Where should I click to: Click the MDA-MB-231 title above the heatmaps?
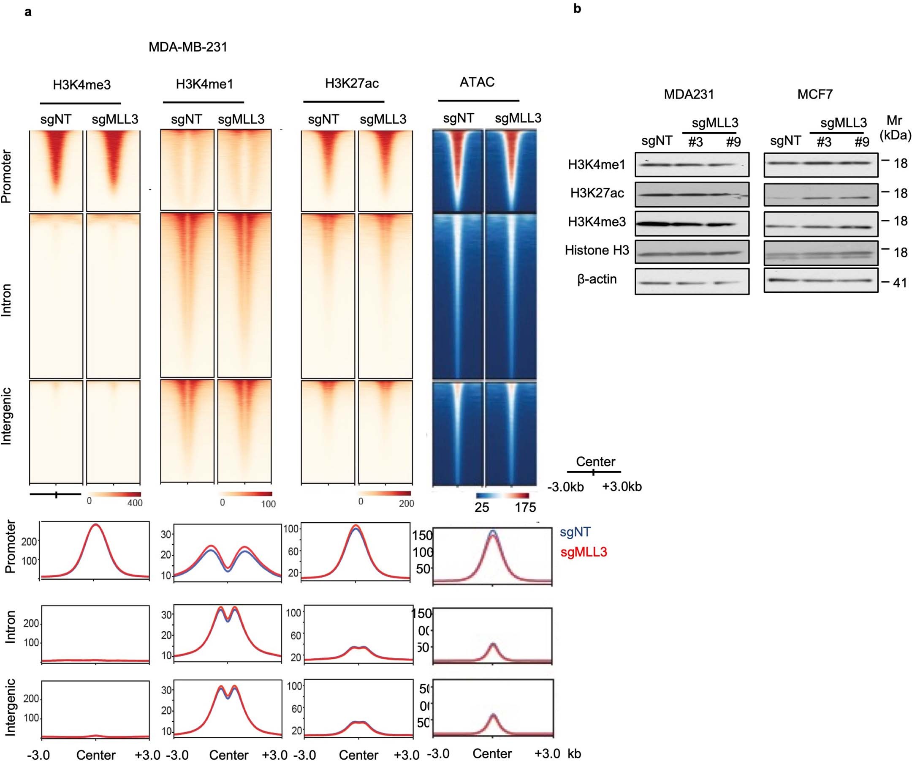pos(187,47)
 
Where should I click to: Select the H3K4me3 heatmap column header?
pos(81,85)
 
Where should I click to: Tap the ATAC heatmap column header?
pos(477,82)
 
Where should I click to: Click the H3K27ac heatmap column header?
pos(352,83)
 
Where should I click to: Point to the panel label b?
pos(577,8)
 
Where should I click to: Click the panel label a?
pos(28,12)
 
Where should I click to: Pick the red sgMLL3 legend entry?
pos(583,552)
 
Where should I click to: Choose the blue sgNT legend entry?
pos(575,532)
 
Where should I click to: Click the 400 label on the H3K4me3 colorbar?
pos(135,503)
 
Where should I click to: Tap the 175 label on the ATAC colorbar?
pos(525,507)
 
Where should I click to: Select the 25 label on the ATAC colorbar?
pos(482,507)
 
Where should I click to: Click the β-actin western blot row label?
pos(597,279)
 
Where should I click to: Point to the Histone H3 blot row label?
pos(597,250)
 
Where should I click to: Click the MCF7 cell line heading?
pos(815,94)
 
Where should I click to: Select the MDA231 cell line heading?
pos(689,94)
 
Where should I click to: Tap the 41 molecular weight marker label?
pos(900,283)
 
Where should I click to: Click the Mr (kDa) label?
pos(895,128)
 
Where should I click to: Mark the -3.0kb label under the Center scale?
pos(565,487)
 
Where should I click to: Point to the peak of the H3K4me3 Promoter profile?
pos(95,524)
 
